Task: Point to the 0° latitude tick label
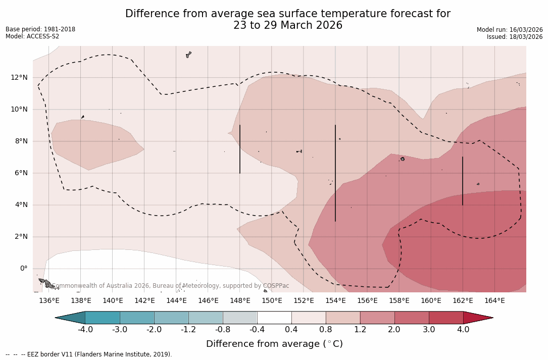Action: point(24,269)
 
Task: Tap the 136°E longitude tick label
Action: point(49,301)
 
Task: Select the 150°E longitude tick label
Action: point(272,301)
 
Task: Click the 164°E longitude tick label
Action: point(494,301)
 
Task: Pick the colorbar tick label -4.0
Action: point(85,330)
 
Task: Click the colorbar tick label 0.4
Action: point(291,330)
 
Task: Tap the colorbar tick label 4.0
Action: point(463,330)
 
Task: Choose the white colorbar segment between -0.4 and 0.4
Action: point(274,318)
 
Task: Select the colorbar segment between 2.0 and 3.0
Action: point(412,318)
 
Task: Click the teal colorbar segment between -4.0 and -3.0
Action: point(103,318)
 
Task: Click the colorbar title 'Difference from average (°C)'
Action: point(274,344)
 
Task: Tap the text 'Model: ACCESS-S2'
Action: point(32,36)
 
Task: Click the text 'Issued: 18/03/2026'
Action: point(515,37)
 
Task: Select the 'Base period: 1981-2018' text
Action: point(40,29)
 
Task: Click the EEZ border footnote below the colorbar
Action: point(88,354)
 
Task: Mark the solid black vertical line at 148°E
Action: point(240,149)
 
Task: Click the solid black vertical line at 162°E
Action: point(463,181)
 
